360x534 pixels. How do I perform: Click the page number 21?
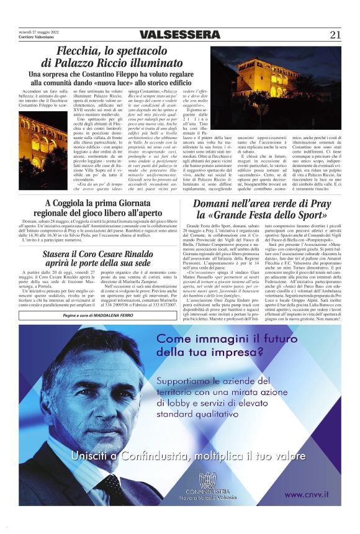click(x=335, y=35)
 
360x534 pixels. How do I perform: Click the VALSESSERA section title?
click(x=179, y=35)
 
